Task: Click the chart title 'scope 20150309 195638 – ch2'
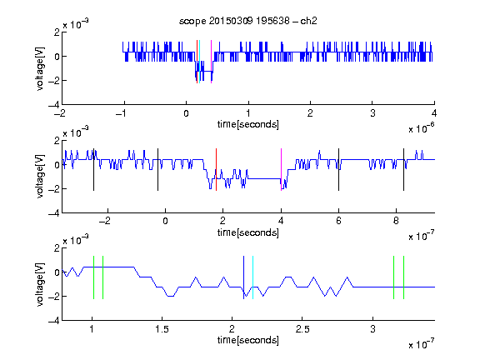(x=248, y=21)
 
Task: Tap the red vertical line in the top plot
(x=197, y=62)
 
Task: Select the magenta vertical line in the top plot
(x=211, y=62)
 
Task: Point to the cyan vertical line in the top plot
(x=199, y=62)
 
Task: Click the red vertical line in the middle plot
(x=216, y=170)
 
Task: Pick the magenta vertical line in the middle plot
(x=281, y=170)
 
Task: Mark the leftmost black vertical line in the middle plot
(x=93, y=170)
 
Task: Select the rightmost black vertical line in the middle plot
(x=403, y=170)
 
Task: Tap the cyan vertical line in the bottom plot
(x=252, y=277)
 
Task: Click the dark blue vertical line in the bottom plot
(x=243, y=277)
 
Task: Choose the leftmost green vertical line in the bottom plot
(x=93, y=277)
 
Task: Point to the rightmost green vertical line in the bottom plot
(x=404, y=277)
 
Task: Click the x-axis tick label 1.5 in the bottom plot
(x=162, y=329)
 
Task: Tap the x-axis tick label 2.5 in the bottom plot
(x=302, y=329)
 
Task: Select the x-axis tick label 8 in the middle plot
(x=396, y=221)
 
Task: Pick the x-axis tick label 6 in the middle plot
(x=338, y=221)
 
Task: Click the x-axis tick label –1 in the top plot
(x=122, y=113)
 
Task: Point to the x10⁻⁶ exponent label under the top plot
(x=421, y=128)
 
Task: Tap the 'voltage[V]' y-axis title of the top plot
(x=40, y=68)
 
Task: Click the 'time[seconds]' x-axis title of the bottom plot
(x=248, y=340)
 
